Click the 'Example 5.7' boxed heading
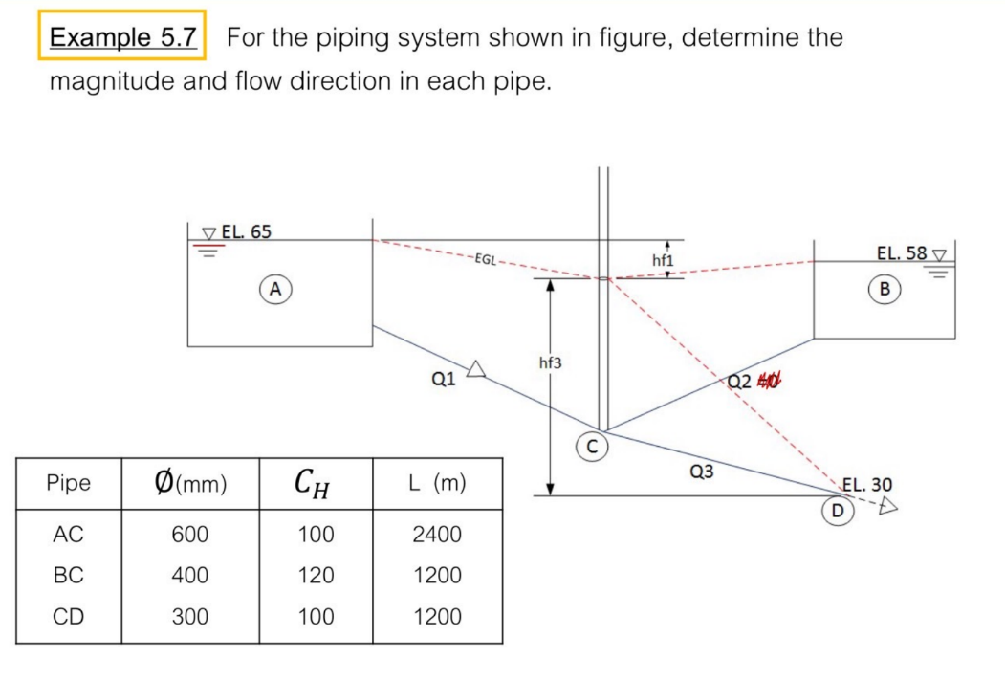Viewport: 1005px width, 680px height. point(122,38)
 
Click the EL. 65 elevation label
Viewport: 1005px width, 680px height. point(246,231)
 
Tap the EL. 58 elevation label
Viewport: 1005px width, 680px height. point(902,253)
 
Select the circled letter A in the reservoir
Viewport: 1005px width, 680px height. point(275,288)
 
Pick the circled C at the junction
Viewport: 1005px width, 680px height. point(592,446)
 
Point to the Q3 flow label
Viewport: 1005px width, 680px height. point(701,471)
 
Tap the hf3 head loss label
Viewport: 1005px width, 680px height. point(551,362)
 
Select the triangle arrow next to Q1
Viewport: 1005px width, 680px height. point(477,368)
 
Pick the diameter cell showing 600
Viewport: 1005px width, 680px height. point(189,535)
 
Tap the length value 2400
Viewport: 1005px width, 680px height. point(436,535)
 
